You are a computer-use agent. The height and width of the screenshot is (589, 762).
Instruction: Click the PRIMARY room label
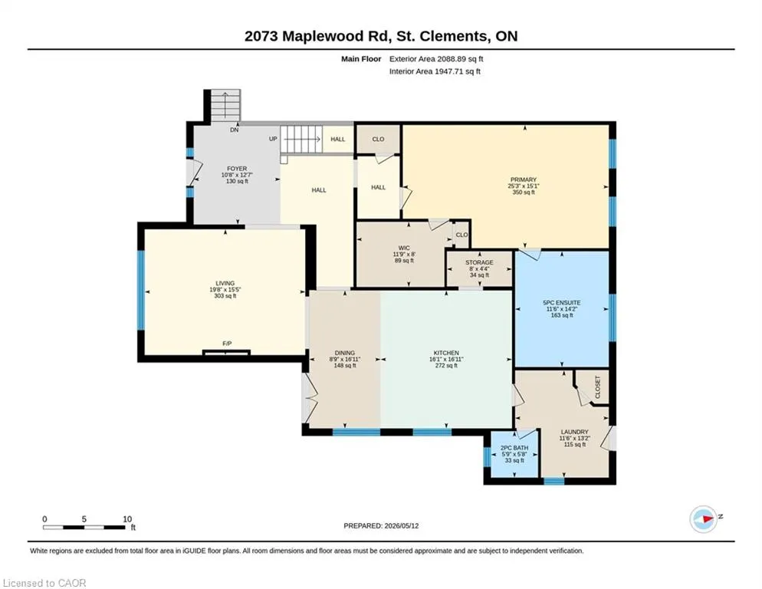pos(524,179)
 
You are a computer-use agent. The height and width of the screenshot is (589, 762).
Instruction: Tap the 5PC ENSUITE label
pos(562,302)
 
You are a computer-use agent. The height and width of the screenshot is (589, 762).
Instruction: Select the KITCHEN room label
pos(446,353)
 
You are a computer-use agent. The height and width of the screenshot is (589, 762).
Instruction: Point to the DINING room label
pos(344,353)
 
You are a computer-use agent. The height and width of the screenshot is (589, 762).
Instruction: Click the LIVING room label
pos(225,283)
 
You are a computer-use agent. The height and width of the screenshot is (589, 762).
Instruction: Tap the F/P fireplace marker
pos(227,344)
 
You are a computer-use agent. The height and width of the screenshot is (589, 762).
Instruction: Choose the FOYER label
pos(237,169)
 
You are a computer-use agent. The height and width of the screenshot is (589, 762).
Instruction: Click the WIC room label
pos(404,248)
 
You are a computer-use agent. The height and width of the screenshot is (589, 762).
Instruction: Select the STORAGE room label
pos(479,262)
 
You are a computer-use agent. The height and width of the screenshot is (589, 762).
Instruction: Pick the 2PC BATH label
pos(514,448)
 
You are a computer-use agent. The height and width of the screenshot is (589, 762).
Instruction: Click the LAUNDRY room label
pos(574,432)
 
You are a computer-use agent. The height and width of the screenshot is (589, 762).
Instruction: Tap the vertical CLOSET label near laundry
pos(598,387)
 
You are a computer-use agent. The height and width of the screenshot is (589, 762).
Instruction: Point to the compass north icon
pos(704,519)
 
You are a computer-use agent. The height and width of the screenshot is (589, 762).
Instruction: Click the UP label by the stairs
pos(273,139)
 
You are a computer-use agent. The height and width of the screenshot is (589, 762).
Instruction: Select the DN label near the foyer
pos(235,130)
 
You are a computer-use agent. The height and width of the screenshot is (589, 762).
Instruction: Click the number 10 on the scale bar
pos(127,519)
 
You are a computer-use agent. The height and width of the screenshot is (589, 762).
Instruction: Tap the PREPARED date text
pos(381,526)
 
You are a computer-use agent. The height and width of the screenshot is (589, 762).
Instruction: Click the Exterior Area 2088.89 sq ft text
pos(436,59)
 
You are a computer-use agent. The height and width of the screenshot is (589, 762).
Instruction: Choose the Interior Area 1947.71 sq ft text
pos(435,71)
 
